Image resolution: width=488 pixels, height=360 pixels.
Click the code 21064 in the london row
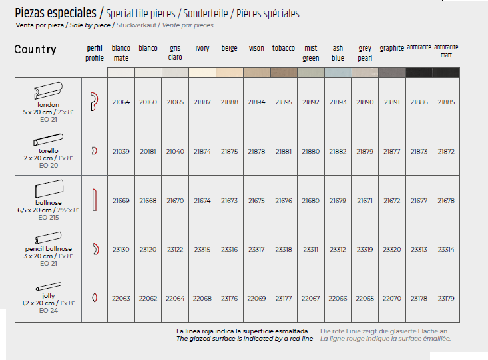pos(121,102)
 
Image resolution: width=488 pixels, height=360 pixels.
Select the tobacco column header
pos(284,48)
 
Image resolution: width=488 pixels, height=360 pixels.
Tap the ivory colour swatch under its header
pos(202,72)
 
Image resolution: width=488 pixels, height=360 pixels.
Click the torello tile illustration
pos(49,140)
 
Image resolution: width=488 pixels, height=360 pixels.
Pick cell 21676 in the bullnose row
pos(284,200)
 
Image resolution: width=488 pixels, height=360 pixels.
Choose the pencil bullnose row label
pos(48,248)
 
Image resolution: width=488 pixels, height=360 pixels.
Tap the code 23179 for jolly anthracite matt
pos(446,298)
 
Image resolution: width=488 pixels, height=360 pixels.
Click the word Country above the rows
pos(35,49)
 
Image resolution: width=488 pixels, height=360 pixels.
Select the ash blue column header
pos(338,53)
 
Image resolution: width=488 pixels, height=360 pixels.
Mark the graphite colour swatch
pos(392,72)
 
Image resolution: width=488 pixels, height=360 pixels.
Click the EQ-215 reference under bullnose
pos(48,217)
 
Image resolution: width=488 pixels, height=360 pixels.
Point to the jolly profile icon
pos(95,297)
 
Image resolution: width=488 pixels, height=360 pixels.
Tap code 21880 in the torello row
pos(311,151)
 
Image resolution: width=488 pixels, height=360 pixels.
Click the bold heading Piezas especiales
pos(56,13)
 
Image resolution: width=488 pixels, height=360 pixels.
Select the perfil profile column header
pos(95,53)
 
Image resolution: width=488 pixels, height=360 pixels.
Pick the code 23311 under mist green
pos(311,249)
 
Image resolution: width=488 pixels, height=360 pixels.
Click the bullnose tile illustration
pos(48,188)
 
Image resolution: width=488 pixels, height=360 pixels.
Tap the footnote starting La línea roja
pos(242,331)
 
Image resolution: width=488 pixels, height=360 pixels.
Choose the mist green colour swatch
pos(311,72)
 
